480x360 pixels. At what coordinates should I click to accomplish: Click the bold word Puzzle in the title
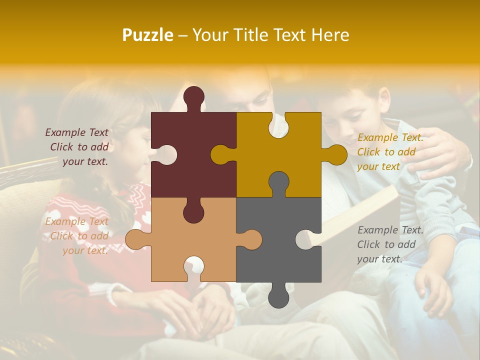148,35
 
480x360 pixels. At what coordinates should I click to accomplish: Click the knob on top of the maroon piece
194,97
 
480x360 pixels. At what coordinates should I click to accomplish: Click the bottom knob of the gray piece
278,296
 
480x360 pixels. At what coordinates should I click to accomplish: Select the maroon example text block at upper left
78,147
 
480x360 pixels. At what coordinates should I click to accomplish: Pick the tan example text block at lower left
78,236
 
